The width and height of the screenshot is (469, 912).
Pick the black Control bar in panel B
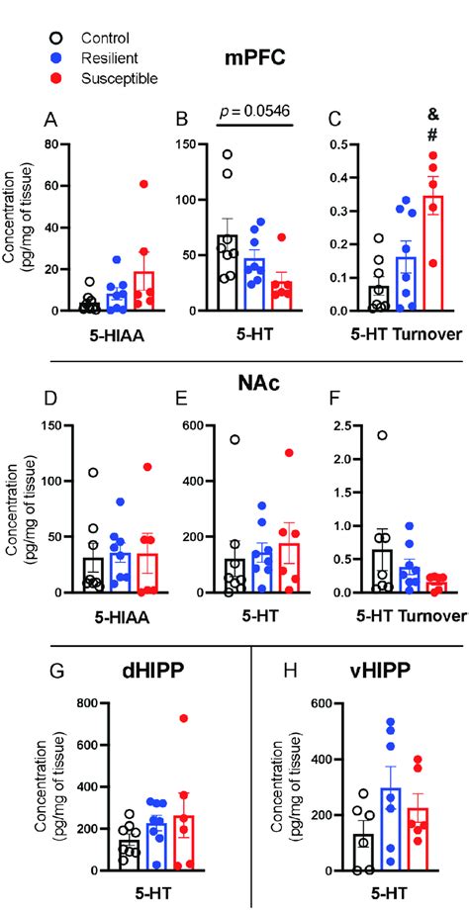coord(226,273)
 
